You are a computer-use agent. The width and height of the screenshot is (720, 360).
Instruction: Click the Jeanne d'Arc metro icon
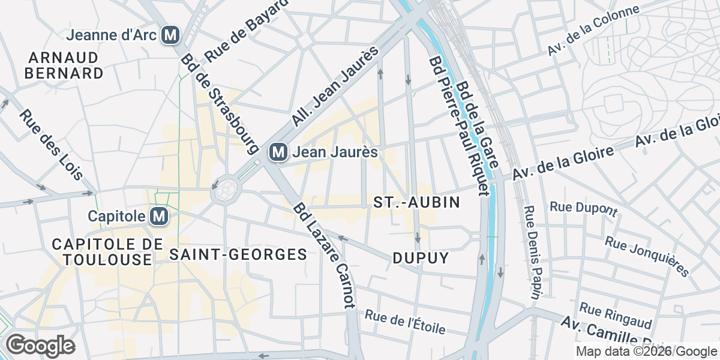pyautogui.click(x=171, y=35)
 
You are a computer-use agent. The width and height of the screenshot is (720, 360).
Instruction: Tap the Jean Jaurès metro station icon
pyautogui.click(x=278, y=152)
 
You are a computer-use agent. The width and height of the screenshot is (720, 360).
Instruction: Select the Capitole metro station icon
pyautogui.click(x=159, y=215)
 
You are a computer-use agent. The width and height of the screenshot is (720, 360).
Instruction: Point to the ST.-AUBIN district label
pyautogui.click(x=416, y=202)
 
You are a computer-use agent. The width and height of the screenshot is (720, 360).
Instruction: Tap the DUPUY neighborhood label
pyautogui.click(x=421, y=258)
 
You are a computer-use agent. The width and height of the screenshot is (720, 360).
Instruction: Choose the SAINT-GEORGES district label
pyautogui.click(x=238, y=254)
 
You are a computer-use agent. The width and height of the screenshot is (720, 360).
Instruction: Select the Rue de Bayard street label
pyautogui.click(x=245, y=31)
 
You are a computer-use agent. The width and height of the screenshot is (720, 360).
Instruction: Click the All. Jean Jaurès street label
pyautogui.click(x=337, y=87)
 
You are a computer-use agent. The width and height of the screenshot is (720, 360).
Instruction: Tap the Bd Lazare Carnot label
pyautogui.click(x=325, y=256)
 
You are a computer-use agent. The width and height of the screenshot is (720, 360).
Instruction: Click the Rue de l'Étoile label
pyautogui.click(x=405, y=322)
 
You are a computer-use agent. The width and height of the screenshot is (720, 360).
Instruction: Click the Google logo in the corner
pyautogui.click(x=40, y=346)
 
